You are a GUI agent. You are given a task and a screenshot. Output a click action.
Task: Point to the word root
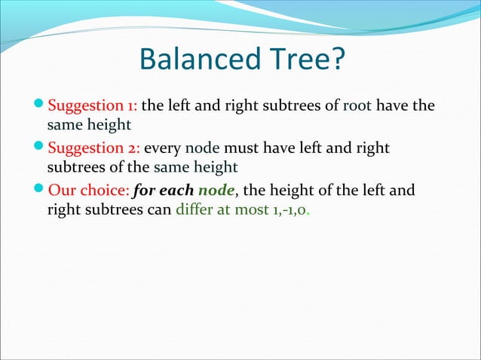(357, 105)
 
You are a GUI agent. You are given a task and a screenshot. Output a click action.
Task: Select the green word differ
(194, 209)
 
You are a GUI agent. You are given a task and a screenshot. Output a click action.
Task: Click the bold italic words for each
(164, 191)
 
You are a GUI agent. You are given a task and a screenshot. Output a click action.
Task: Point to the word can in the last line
(160, 209)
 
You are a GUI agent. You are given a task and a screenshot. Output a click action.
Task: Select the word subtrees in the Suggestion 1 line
(304, 105)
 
